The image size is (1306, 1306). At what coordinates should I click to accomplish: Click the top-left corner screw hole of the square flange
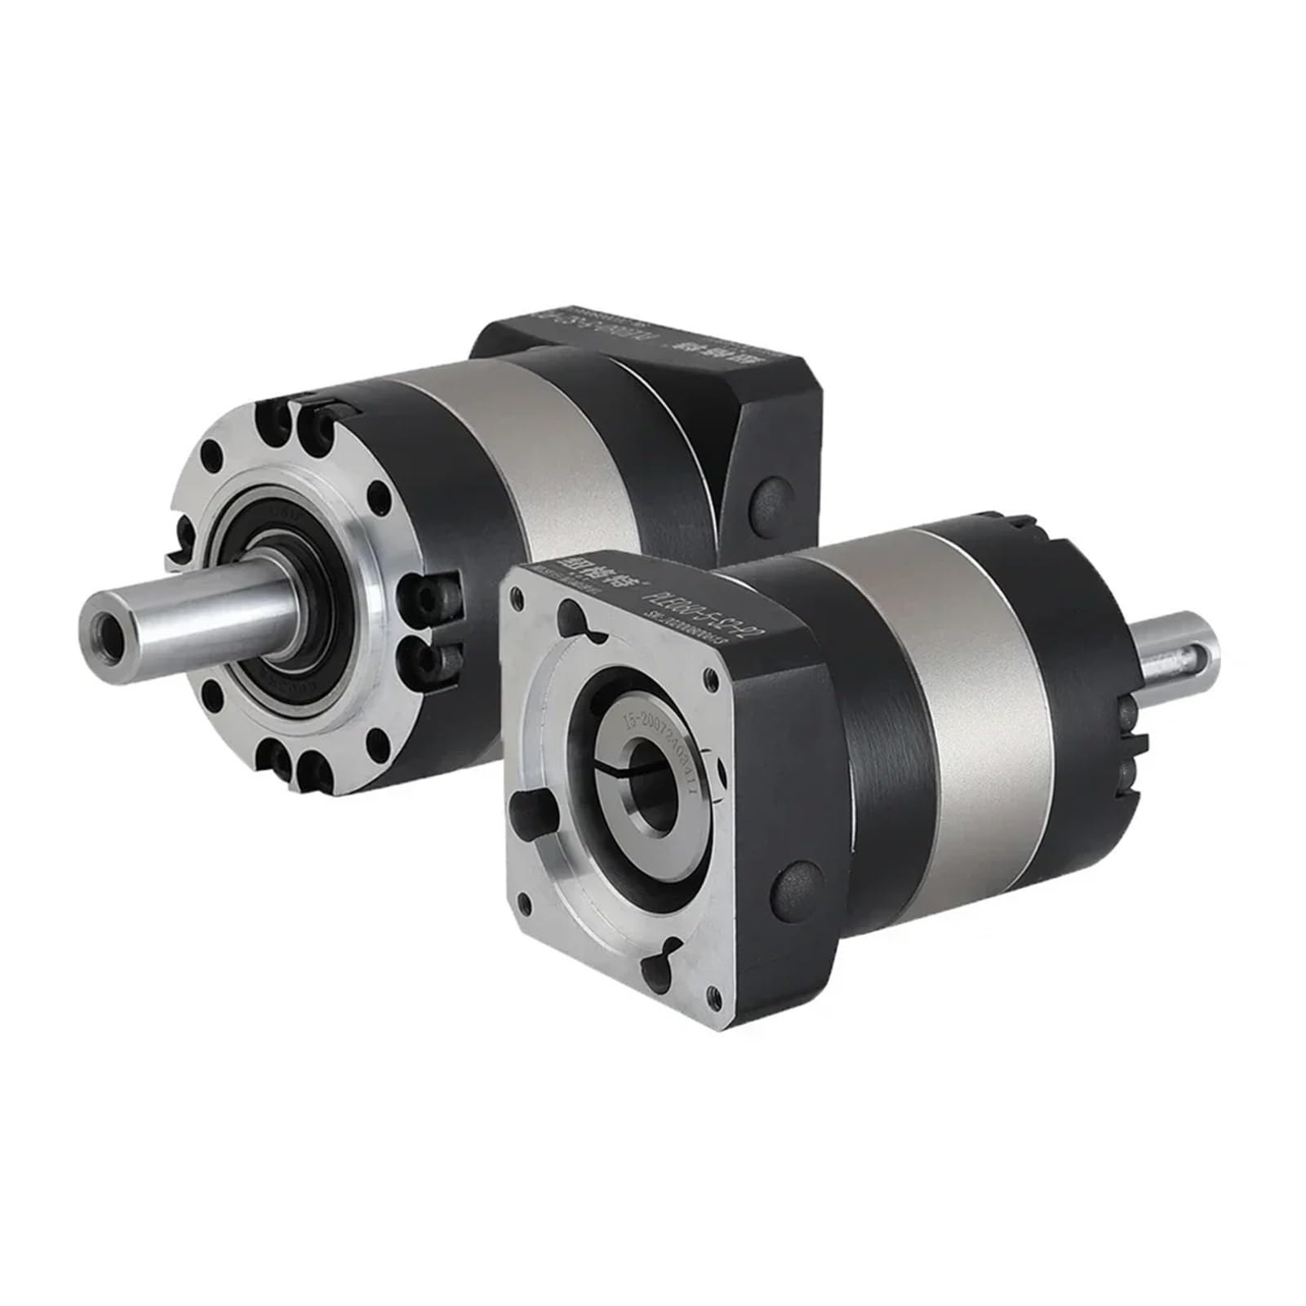(x=517, y=600)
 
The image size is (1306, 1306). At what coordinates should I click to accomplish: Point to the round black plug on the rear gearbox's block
(x=766, y=497)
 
